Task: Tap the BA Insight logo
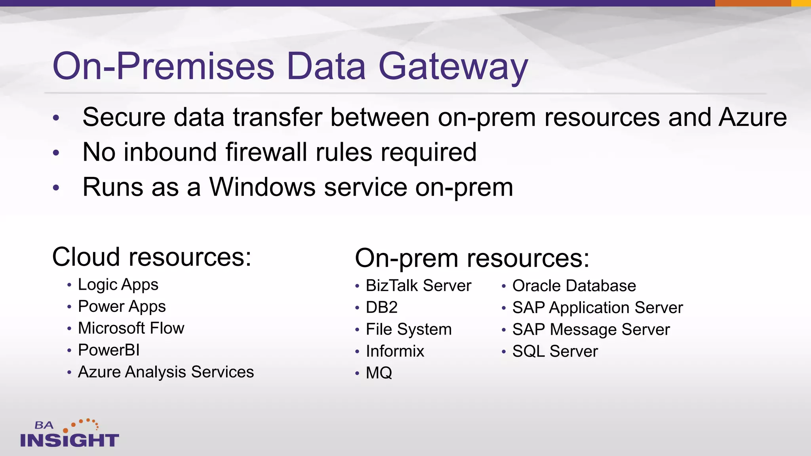pyautogui.click(x=69, y=434)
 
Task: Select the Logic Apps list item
pyautogui.click(x=118, y=285)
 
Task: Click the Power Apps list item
pyautogui.click(x=122, y=307)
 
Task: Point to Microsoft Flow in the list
pyautogui.click(x=131, y=329)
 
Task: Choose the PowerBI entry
pyautogui.click(x=109, y=350)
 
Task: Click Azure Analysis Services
pyautogui.click(x=166, y=372)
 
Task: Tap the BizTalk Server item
pyautogui.click(x=418, y=286)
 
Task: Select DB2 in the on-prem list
pyautogui.click(x=381, y=308)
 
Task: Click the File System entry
pyautogui.click(x=408, y=330)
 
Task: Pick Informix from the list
pyautogui.click(x=395, y=351)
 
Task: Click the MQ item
pyautogui.click(x=379, y=373)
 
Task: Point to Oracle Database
pyautogui.click(x=574, y=286)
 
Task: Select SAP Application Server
pyautogui.click(x=597, y=308)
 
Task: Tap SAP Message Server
pyautogui.click(x=590, y=330)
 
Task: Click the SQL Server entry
pyautogui.click(x=555, y=351)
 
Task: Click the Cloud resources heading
pyautogui.click(x=152, y=257)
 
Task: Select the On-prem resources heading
pyautogui.click(x=472, y=258)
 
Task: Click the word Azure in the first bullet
pyautogui.click(x=752, y=118)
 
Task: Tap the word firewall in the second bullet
pyautogui.click(x=266, y=152)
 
